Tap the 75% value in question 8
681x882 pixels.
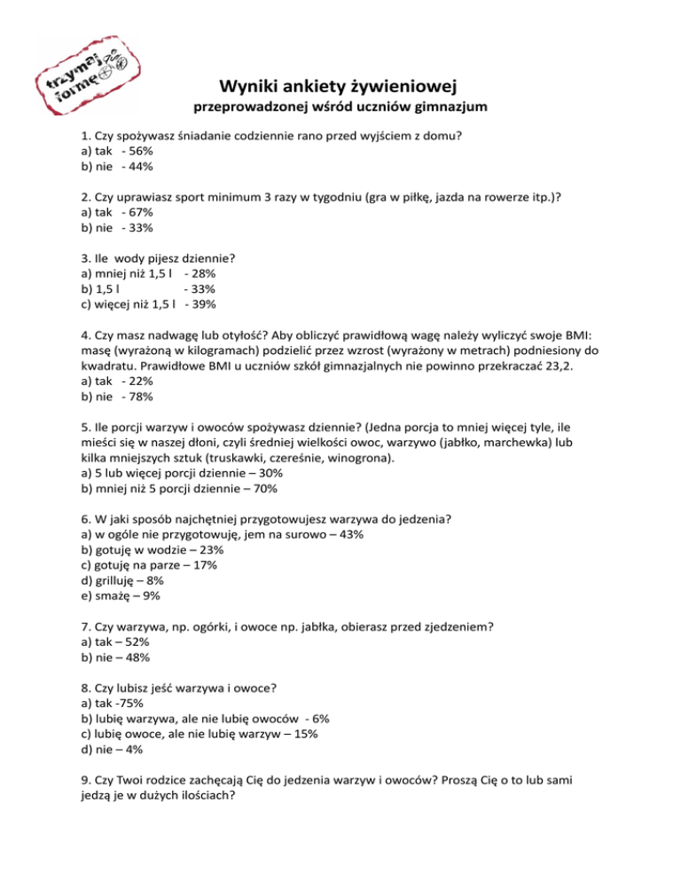click(133, 704)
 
